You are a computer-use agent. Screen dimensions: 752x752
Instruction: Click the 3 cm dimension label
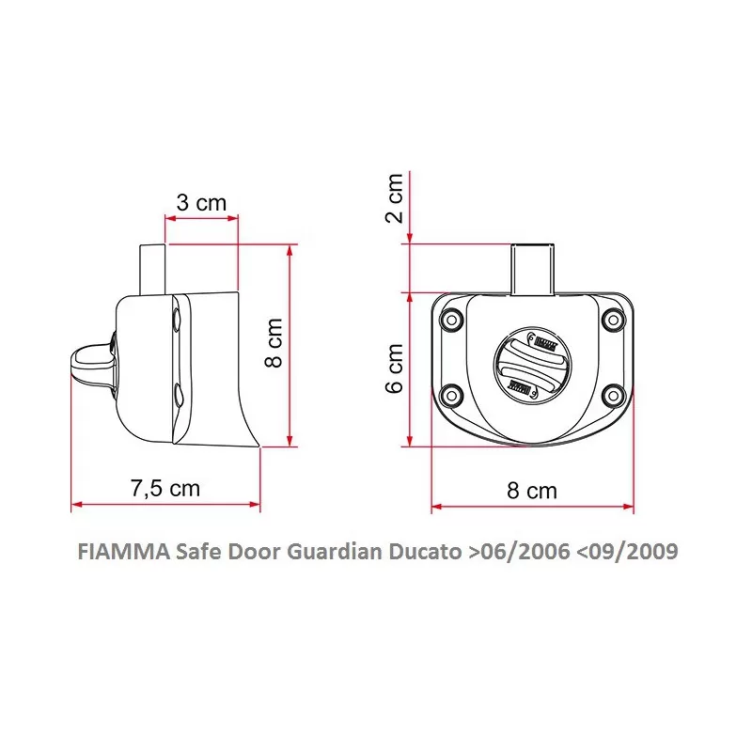tap(200, 202)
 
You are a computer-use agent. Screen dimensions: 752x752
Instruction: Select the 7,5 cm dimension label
tap(164, 489)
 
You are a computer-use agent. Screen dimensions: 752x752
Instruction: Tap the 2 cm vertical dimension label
tap(395, 196)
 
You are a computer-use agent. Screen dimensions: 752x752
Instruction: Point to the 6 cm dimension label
tap(395, 368)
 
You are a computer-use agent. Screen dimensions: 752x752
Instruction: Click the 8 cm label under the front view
tap(532, 491)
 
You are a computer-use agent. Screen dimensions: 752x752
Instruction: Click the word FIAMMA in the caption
tap(121, 551)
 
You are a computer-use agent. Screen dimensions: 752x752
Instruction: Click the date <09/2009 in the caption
tap(624, 551)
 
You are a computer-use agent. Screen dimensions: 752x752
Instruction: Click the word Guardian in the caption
tap(336, 551)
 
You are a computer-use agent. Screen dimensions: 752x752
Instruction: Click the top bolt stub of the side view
tap(152, 268)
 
